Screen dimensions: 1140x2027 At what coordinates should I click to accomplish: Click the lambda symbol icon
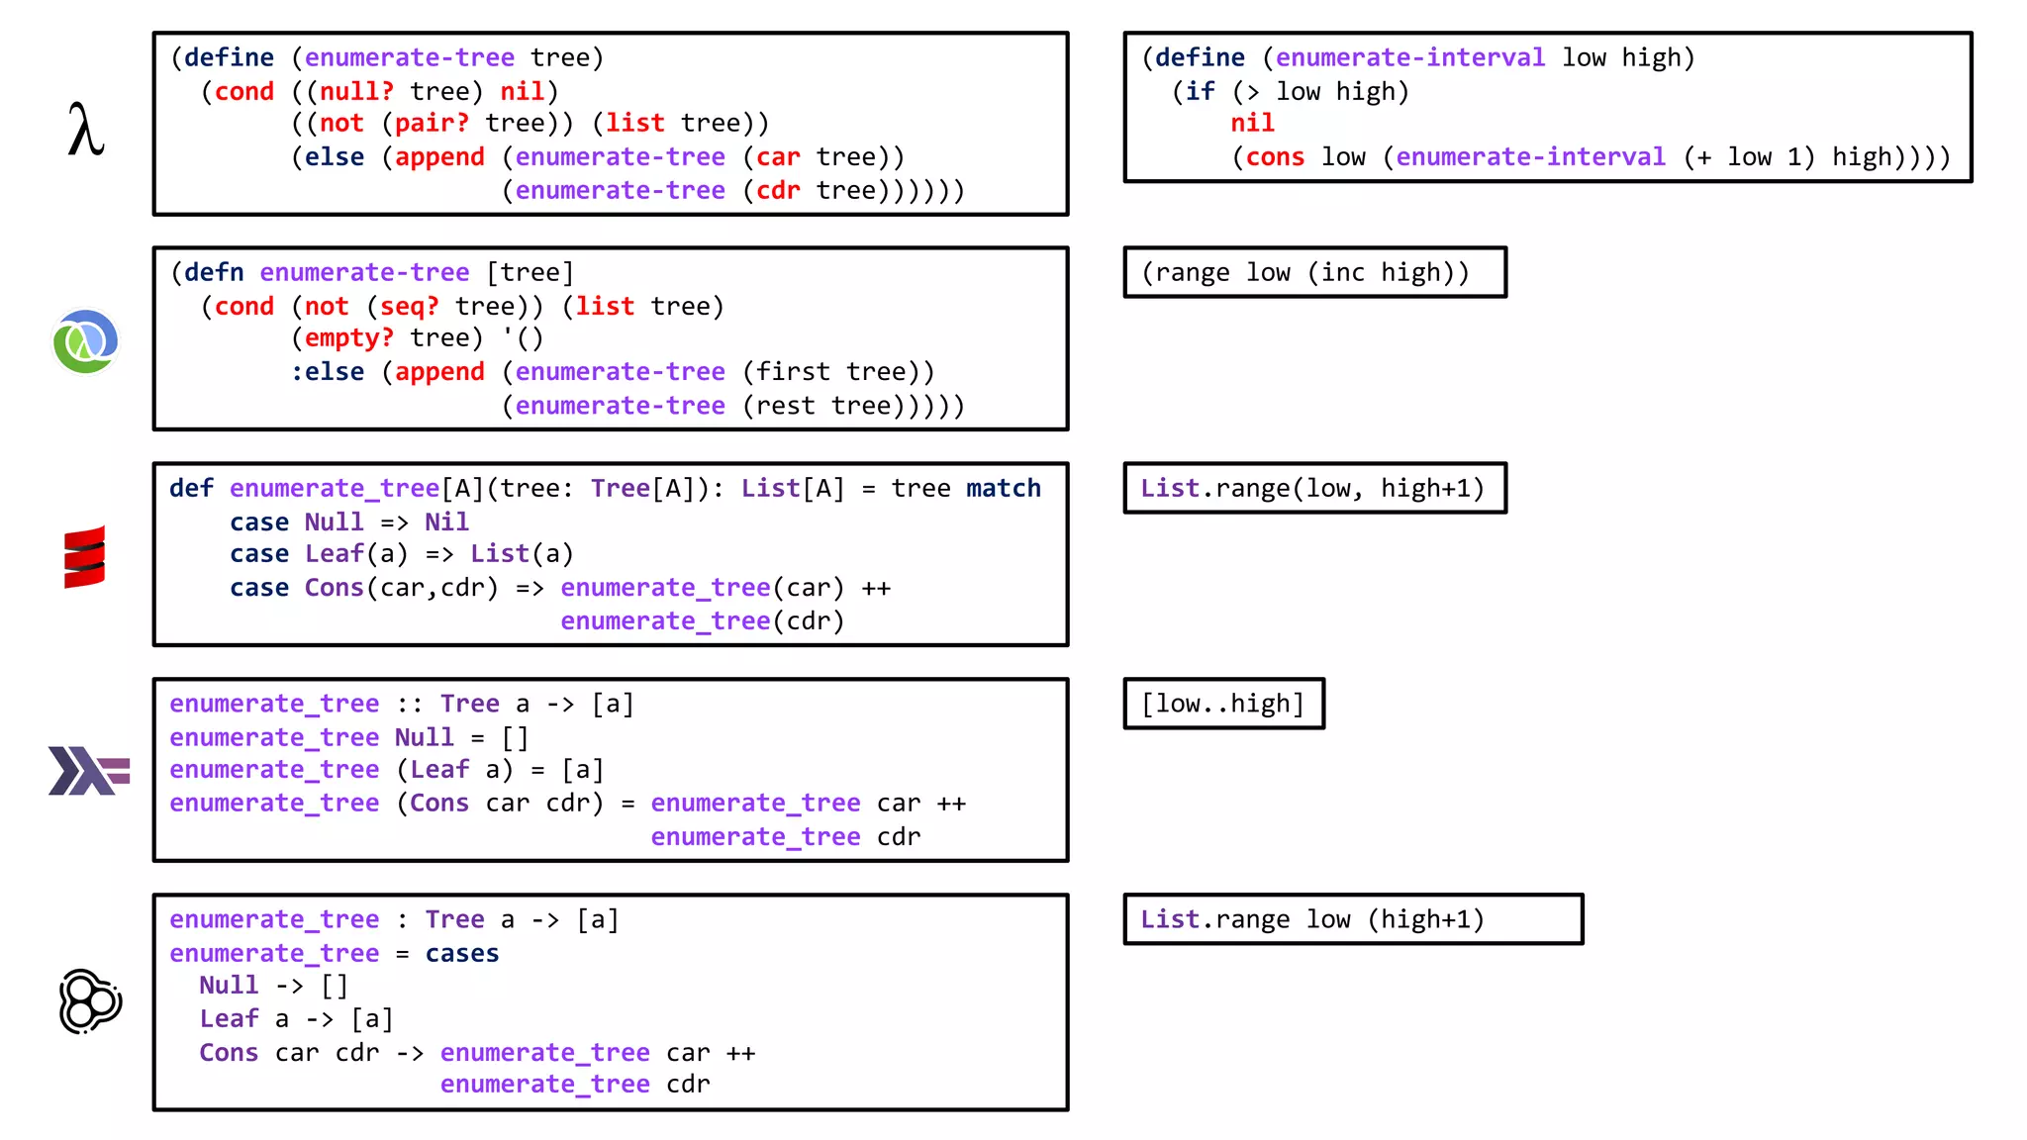[x=86, y=130]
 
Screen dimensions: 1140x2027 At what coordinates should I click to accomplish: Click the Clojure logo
[x=86, y=342]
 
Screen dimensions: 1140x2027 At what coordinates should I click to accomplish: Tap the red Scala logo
[x=84, y=556]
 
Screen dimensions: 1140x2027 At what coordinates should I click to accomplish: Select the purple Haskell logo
[x=88, y=771]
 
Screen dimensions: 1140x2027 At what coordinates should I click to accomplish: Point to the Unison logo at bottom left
[x=90, y=1001]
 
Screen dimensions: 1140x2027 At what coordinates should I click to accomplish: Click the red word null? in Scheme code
[x=355, y=91]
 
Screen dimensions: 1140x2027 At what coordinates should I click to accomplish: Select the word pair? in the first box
[x=432, y=124]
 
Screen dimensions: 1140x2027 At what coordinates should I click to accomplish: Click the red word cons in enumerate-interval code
[x=1275, y=157]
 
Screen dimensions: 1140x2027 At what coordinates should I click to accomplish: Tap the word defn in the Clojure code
[x=214, y=272]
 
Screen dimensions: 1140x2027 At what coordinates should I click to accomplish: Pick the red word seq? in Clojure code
[x=409, y=306]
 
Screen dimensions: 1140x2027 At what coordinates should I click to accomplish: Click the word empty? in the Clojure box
[x=348, y=338]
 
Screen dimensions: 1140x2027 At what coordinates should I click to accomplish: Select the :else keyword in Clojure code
[x=327, y=372]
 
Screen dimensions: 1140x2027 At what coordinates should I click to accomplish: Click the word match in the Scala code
[x=1003, y=488]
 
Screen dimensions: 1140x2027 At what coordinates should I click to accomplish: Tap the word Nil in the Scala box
[x=446, y=522]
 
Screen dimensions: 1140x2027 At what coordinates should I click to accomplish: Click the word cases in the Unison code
[x=461, y=953]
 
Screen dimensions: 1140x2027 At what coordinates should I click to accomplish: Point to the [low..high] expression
[x=1222, y=704]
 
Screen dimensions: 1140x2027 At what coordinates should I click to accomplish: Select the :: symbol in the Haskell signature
[x=409, y=704]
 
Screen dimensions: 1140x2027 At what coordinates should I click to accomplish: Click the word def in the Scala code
[x=191, y=488]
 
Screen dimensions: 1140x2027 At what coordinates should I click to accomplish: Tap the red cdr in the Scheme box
[x=777, y=190]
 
